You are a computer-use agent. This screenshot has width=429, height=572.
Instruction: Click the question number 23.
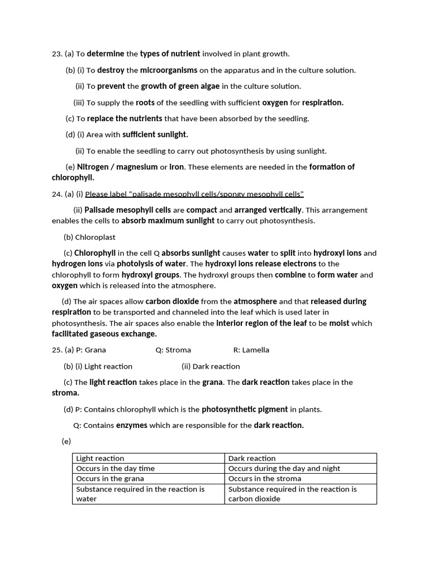pyautogui.click(x=56, y=54)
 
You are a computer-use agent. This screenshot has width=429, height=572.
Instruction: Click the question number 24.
pyautogui.click(x=56, y=194)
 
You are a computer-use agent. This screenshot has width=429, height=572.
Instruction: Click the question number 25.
pyautogui.click(x=56, y=350)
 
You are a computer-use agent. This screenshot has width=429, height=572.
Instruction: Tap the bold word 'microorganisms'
pyautogui.click(x=169, y=70)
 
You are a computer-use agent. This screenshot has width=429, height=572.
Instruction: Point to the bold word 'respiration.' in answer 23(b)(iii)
pyautogui.click(x=323, y=103)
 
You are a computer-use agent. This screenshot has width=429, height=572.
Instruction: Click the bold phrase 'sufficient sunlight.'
pyautogui.click(x=155, y=135)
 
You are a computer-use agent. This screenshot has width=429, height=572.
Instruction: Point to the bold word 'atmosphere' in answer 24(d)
pyautogui.click(x=255, y=302)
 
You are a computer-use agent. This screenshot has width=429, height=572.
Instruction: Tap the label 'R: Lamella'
pyautogui.click(x=251, y=350)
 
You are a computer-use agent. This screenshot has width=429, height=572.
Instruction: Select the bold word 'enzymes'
pyautogui.click(x=132, y=426)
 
